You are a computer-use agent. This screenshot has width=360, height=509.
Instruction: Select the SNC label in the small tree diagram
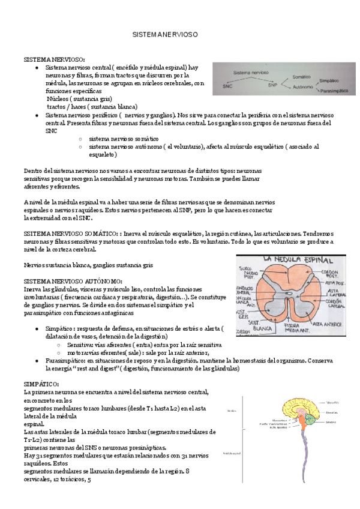pyautogui.click(x=227, y=86)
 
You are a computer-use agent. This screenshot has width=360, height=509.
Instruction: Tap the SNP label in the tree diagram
pyautogui.click(x=273, y=85)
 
